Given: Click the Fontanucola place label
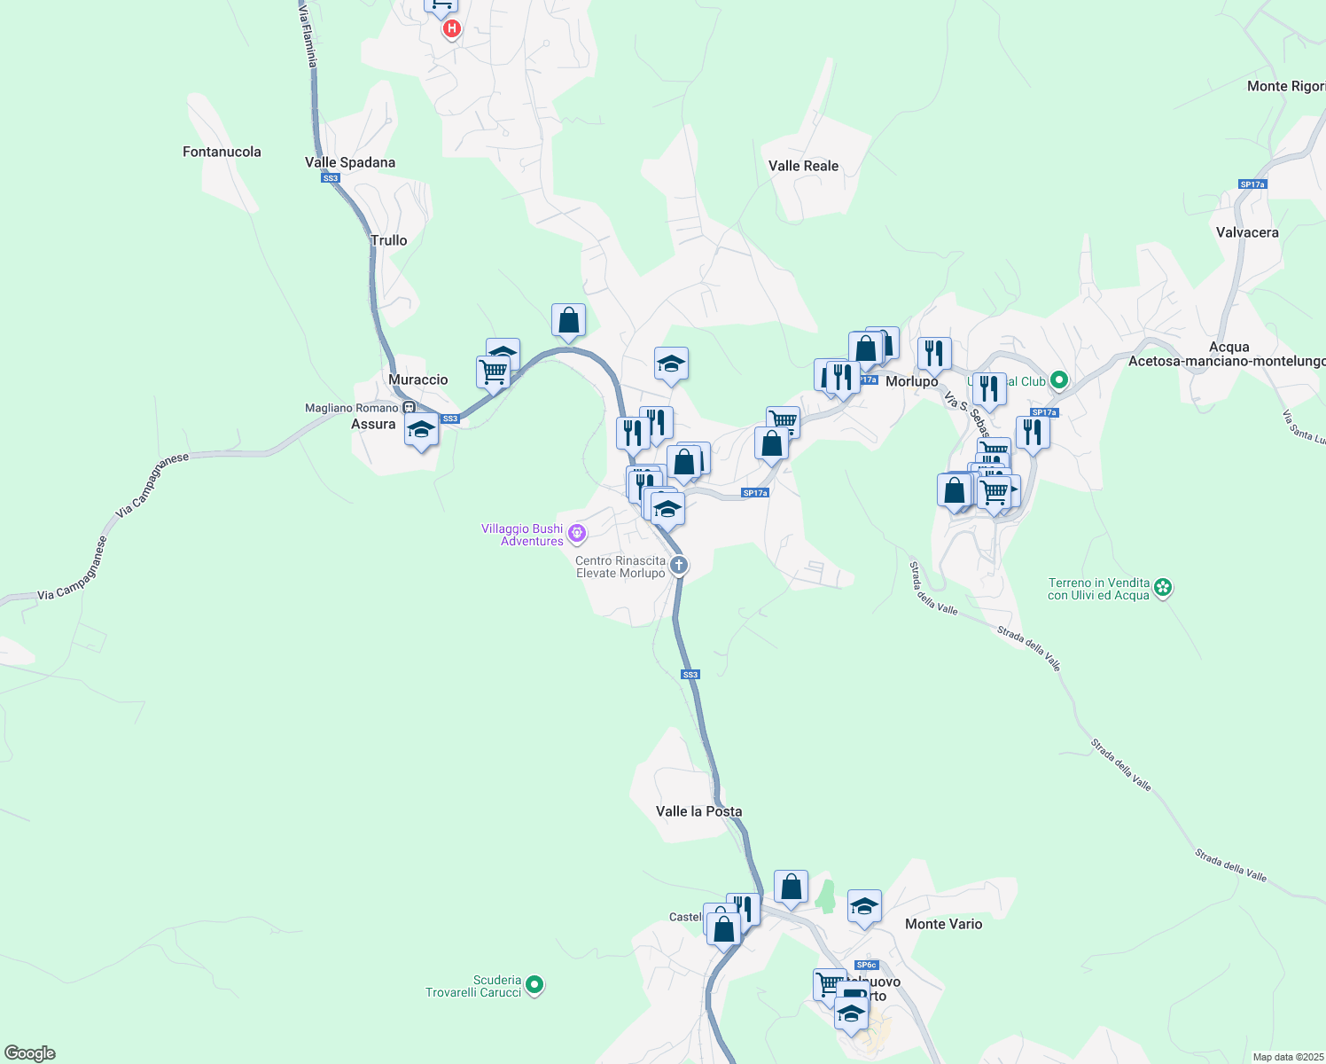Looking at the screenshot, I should point(222,152).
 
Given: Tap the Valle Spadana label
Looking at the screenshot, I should point(350,162).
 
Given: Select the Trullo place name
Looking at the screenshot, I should point(388,240).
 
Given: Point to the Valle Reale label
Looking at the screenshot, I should point(803,166).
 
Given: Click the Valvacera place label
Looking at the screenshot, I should point(1247,232).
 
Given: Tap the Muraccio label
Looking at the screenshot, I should point(418,379).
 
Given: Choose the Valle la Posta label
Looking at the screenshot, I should point(698,811).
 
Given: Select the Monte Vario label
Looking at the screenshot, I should point(943,924).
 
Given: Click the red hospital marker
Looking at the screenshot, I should point(452,28).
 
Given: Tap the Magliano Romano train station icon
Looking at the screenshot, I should point(409,408).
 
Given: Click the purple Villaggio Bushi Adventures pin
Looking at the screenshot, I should point(577,533).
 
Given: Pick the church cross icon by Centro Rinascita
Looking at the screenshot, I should point(679,565).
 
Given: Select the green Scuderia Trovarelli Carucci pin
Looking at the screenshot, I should point(534,984).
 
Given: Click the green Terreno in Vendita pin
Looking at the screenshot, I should point(1163,587).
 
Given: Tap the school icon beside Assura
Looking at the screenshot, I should point(421,431).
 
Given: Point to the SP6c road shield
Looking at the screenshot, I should point(866,965).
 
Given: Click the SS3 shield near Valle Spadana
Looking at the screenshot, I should point(331,178).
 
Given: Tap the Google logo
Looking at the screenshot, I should point(30,1053).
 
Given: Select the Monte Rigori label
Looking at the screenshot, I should point(1285,86).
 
